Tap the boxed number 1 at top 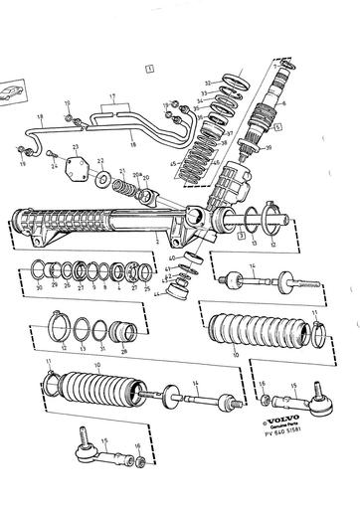point(148,69)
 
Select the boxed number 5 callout point(278,127)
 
